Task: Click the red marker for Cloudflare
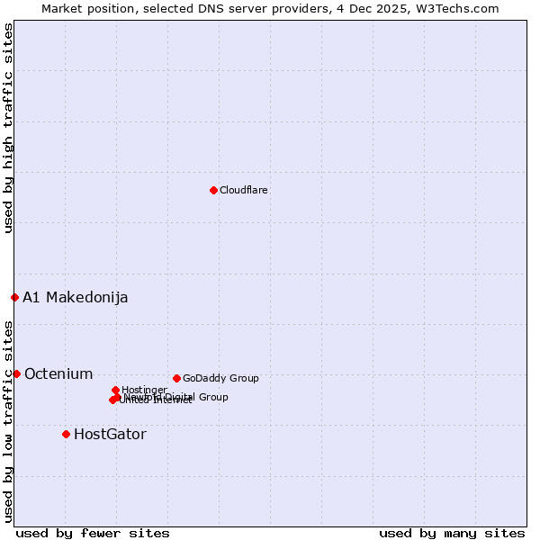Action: point(213,190)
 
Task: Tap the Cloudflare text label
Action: point(244,190)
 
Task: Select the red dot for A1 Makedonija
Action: point(14,297)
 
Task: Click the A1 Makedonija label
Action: point(76,298)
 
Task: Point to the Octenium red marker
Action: point(16,373)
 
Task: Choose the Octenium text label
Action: point(58,374)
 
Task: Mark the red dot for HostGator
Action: point(66,434)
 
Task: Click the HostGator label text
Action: point(110,435)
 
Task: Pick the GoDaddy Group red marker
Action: point(176,378)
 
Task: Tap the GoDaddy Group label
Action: point(220,379)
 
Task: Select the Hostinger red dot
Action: point(115,390)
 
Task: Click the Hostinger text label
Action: point(144,390)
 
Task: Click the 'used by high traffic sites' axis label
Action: point(8,128)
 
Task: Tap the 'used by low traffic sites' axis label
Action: point(8,420)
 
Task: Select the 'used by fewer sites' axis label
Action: point(93,534)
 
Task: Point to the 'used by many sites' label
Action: point(452,534)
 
